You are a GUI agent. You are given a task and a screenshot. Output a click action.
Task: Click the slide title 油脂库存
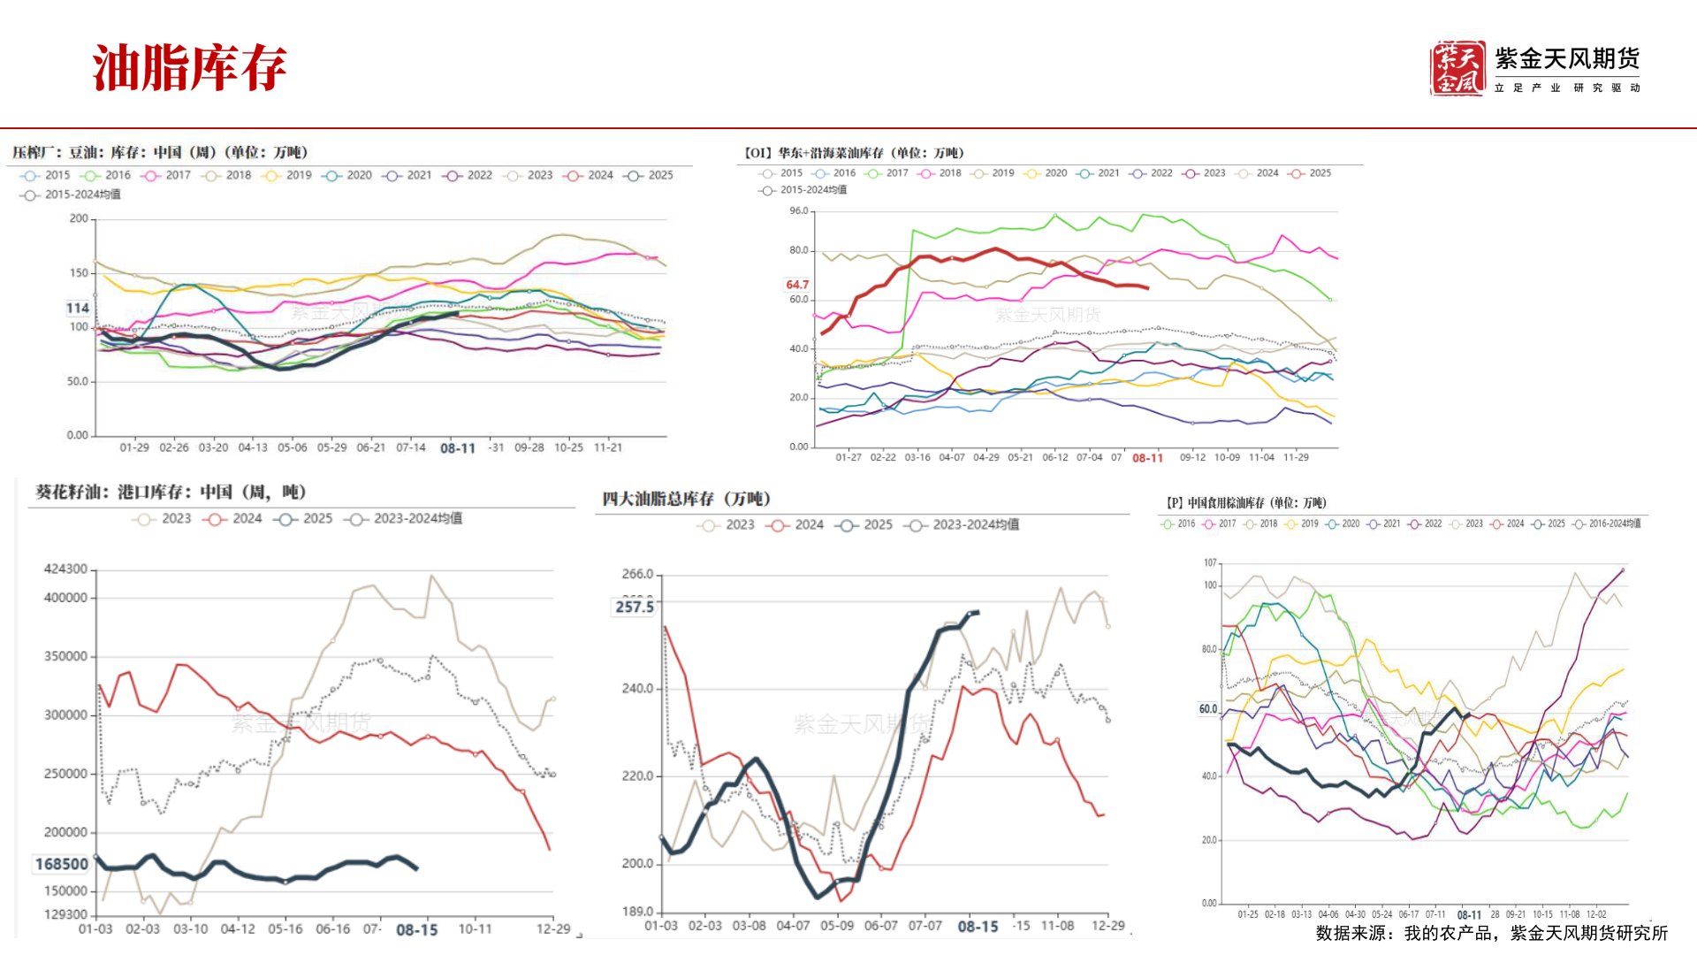[x=189, y=68]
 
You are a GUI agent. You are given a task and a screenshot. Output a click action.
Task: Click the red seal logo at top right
[x=1457, y=68]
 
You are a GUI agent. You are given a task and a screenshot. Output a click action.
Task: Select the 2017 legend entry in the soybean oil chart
[x=168, y=175]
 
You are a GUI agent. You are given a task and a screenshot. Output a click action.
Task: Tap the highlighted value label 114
[x=78, y=308]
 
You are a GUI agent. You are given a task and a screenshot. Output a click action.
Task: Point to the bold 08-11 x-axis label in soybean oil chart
[x=457, y=448]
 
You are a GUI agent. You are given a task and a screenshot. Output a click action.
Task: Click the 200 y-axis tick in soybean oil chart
[x=79, y=218]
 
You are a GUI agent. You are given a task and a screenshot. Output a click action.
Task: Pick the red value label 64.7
[x=796, y=285]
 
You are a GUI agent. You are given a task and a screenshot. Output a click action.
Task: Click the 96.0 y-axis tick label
[x=799, y=210]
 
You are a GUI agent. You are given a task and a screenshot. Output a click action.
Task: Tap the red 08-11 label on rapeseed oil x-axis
[x=1147, y=458]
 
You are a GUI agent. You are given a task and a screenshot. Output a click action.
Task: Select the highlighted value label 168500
[x=62, y=864]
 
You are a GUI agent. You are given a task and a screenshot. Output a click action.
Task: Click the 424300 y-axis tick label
[x=65, y=569]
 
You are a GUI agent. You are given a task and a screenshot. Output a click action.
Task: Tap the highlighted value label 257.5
[x=635, y=607]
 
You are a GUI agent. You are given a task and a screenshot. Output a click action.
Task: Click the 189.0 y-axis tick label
[x=637, y=911]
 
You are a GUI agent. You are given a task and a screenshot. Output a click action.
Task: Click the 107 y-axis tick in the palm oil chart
[x=1210, y=562]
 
